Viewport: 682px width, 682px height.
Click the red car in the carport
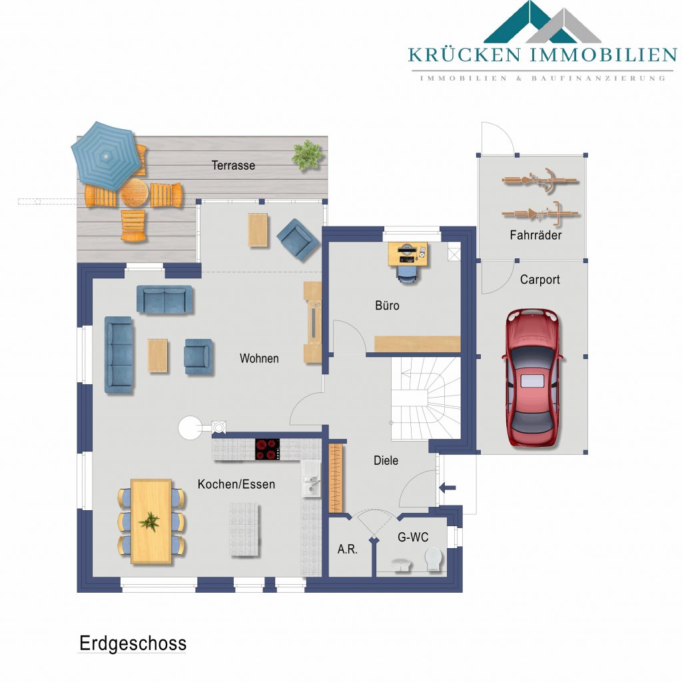tap(532, 378)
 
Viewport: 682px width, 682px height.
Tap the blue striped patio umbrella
tap(107, 155)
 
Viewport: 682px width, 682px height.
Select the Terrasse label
tap(233, 165)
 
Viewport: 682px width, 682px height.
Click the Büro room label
tap(387, 305)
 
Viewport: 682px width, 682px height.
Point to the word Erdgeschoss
tap(133, 644)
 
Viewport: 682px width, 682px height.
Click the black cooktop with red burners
tap(267, 450)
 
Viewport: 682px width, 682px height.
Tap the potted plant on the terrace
tap(307, 154)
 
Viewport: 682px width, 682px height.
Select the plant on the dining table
tap(149, 521)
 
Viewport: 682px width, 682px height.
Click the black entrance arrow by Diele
tap(447, 488)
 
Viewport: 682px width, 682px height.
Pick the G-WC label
tap(413, 537)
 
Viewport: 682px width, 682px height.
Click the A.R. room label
tap(347, 549)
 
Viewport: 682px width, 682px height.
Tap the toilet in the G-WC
tap(434, 559)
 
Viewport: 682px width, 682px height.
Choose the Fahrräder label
tap(535, 235)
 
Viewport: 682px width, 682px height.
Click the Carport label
tap(539, 280)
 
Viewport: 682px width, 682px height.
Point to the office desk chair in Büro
tap(407, 274)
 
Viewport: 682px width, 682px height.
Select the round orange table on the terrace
tap(134, 192)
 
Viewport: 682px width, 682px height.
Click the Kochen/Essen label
tap(236, 484)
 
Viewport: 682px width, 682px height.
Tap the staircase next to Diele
tap(426, 398)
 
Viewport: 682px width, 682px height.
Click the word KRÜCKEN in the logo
tap(464, 55)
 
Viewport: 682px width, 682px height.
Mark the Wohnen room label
tap(259, 358)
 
